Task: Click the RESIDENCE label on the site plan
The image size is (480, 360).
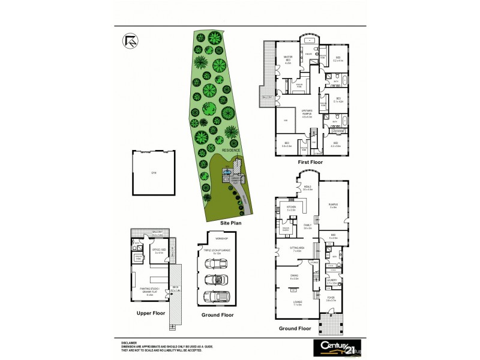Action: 231,150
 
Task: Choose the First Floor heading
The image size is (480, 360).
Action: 313,162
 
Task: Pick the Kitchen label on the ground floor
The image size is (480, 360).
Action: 292,208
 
